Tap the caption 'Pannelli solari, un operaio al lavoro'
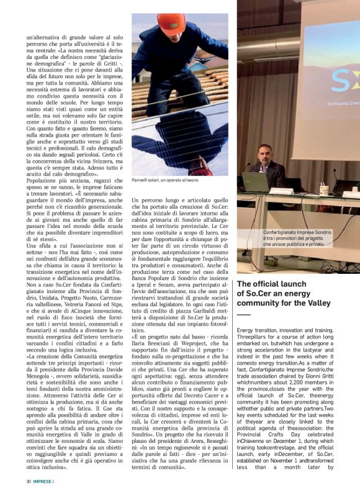click(x=165, y=180)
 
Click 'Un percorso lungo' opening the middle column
click(x=153, y=200)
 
